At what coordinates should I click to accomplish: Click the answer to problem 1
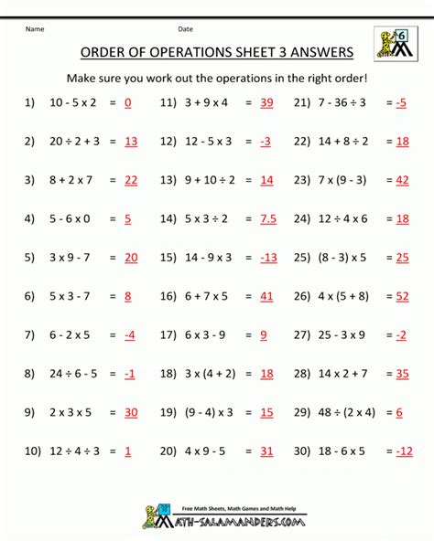(x=127, y=103)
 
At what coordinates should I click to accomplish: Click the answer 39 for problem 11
(x=266, y=103)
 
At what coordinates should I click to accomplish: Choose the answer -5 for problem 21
(x=401, y=103)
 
